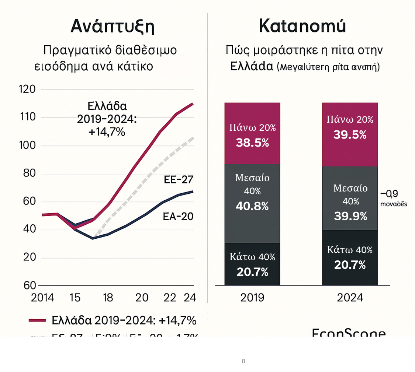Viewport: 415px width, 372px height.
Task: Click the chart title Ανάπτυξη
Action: (112, 27)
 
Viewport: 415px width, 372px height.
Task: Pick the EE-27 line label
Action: (179, 180)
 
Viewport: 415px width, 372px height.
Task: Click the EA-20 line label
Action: (178, 216)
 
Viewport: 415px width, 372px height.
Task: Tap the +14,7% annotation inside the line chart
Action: (107, 132)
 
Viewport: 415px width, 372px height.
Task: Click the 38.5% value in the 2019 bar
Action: (252, 143)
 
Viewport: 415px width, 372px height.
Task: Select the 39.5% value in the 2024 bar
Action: (350, 135)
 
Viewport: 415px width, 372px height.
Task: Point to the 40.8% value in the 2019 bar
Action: (252, 206)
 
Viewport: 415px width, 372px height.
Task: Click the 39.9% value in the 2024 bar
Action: (350, 216)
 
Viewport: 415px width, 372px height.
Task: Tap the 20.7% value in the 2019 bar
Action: (252, 272)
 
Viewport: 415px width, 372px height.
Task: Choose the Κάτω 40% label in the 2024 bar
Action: (350, 250)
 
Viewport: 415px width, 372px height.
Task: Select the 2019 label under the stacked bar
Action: (252, 297)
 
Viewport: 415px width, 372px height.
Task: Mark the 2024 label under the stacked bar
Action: (350, 297)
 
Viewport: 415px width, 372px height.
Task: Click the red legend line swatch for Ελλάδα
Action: (37, 320)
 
